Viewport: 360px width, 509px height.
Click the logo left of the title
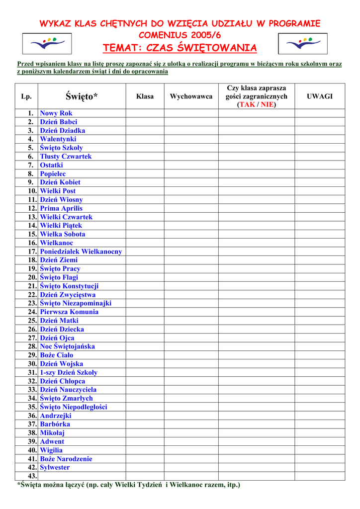coord(47,44)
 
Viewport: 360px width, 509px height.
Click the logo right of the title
coord(302,44)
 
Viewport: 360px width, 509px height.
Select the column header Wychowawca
coord(191,96)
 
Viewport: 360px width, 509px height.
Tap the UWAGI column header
coord(320,96)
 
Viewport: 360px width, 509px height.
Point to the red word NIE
coord(267,105)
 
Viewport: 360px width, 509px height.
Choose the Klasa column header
coord(145,96)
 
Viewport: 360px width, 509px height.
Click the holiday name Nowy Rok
coord(56,113)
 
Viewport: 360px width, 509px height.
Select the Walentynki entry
coord(58,139)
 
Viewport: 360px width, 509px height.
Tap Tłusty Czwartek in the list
coord(66,157)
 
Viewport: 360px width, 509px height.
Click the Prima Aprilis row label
coord(61,208)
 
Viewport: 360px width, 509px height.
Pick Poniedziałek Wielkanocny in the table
coord(81,252)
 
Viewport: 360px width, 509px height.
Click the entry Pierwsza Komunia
coord(69,312)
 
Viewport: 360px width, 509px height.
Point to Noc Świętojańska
coord(67,346)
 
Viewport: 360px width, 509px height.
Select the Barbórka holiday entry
coord(55,424)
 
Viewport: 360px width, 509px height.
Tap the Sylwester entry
coord(55,468)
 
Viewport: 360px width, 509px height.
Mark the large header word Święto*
coord(82,96)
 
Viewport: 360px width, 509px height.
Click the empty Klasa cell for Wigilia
coord(145,450)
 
